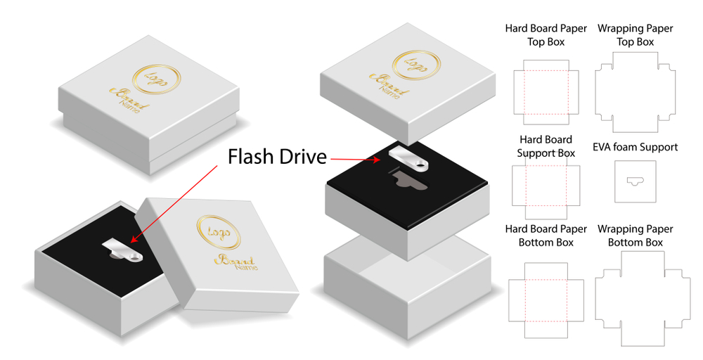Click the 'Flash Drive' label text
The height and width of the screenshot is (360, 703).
(277, 156)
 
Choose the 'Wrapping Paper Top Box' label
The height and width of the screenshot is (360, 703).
(635, 35)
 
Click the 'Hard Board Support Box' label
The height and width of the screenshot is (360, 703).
(546, 146)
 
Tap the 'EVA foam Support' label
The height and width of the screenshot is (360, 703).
(635, 147)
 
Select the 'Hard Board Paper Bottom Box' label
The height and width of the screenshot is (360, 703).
(546, 236)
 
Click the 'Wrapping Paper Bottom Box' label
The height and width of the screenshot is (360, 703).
(635, 236)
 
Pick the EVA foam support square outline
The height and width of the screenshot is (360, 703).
(635, 182)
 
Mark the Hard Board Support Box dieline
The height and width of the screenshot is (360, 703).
(546, 186)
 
